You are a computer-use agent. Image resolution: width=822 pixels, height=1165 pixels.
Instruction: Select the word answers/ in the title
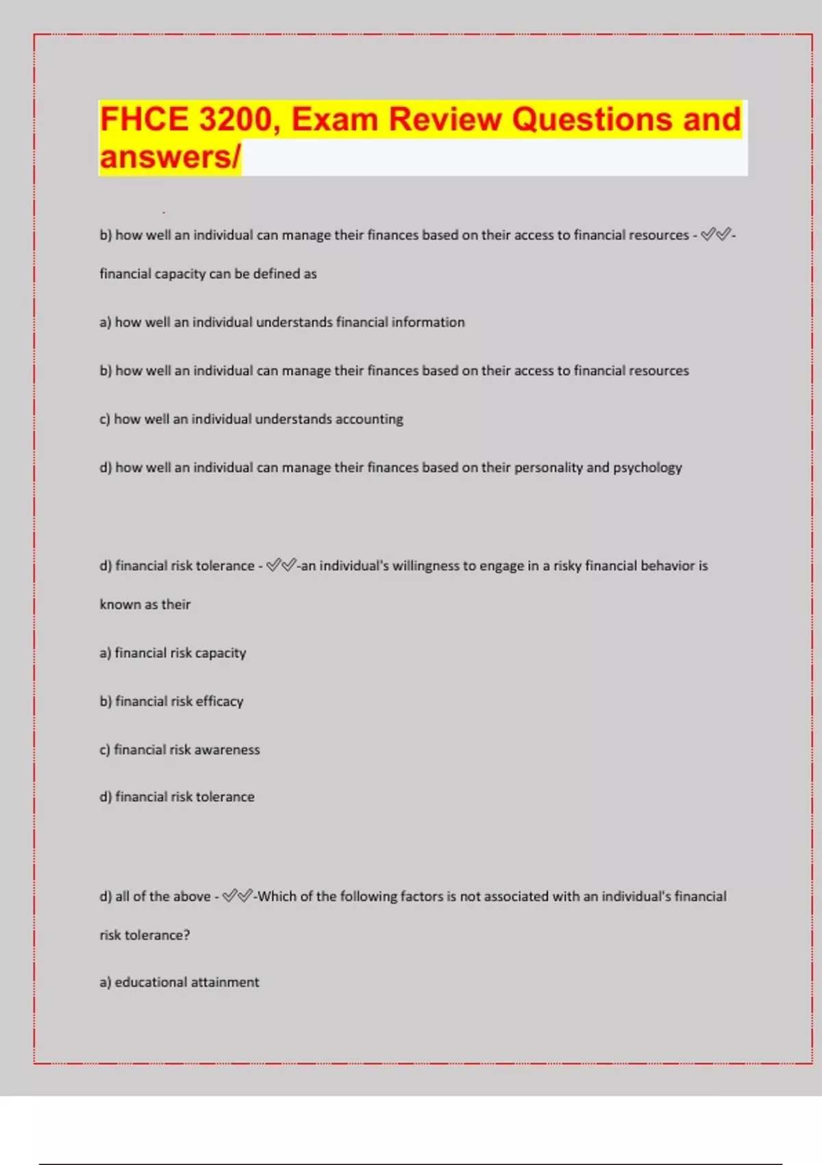tap(170, 157)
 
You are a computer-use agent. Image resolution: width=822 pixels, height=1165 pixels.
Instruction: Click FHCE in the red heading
tap(144, 119)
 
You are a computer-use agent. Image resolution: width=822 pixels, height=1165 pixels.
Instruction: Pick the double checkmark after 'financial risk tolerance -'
tap(282, 565)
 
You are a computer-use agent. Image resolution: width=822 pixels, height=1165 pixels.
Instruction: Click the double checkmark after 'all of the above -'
tap(238, 896)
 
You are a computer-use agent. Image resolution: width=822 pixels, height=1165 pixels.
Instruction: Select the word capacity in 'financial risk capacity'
tap(220, 653)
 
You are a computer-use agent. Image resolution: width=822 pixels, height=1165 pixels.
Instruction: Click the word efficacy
tap(219, 701)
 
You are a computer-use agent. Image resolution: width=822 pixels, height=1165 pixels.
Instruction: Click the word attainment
tap(225, 982)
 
